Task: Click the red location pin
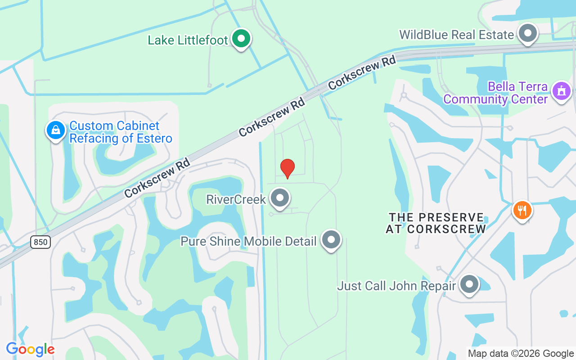[x=287, y=168]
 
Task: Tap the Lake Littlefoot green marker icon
[x=241, y=39]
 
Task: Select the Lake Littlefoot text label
[x=188, y=40]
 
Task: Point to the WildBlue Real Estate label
[x=456, y=35]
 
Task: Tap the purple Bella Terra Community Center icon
[x=561, y=91]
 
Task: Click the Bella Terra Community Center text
[x=495, y=93]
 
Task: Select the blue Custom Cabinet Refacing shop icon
[x=56, y=130]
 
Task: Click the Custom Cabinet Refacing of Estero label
[x=121, y=132]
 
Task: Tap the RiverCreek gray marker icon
[x=280, y=198]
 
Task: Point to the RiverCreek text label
[x=236, y=199]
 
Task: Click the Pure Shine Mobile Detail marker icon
[x=331, y=240]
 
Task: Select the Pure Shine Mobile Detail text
[x=248, y=241]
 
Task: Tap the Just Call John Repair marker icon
[x=469, y=284]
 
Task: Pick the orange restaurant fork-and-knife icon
[x=522, y=210]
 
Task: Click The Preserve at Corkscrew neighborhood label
[x=436, y=223]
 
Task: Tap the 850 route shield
[x=40, y=242]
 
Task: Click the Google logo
[x=30, y=349]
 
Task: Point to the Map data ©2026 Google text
[x=521, y=354]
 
